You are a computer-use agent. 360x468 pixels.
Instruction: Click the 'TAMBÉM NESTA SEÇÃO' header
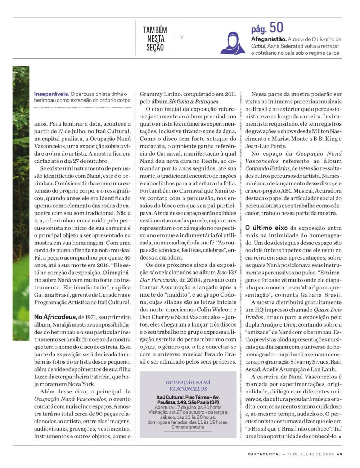tap(155, 39)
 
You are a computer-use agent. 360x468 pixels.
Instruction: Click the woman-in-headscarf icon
tap(233, 43)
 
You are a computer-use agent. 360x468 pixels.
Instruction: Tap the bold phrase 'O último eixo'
tap(266, 228)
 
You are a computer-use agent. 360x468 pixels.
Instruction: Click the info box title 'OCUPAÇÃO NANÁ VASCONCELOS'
tap(188, 385)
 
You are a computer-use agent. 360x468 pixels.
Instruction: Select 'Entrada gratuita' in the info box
tap(188, 427)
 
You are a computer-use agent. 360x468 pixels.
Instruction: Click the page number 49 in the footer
tap(339, 454)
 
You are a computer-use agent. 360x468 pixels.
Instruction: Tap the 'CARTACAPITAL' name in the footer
tap(264, 454)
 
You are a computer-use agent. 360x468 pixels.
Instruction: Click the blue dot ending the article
tap(340, 437)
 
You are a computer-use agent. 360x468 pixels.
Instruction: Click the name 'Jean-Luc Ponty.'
tap(266, 146)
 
